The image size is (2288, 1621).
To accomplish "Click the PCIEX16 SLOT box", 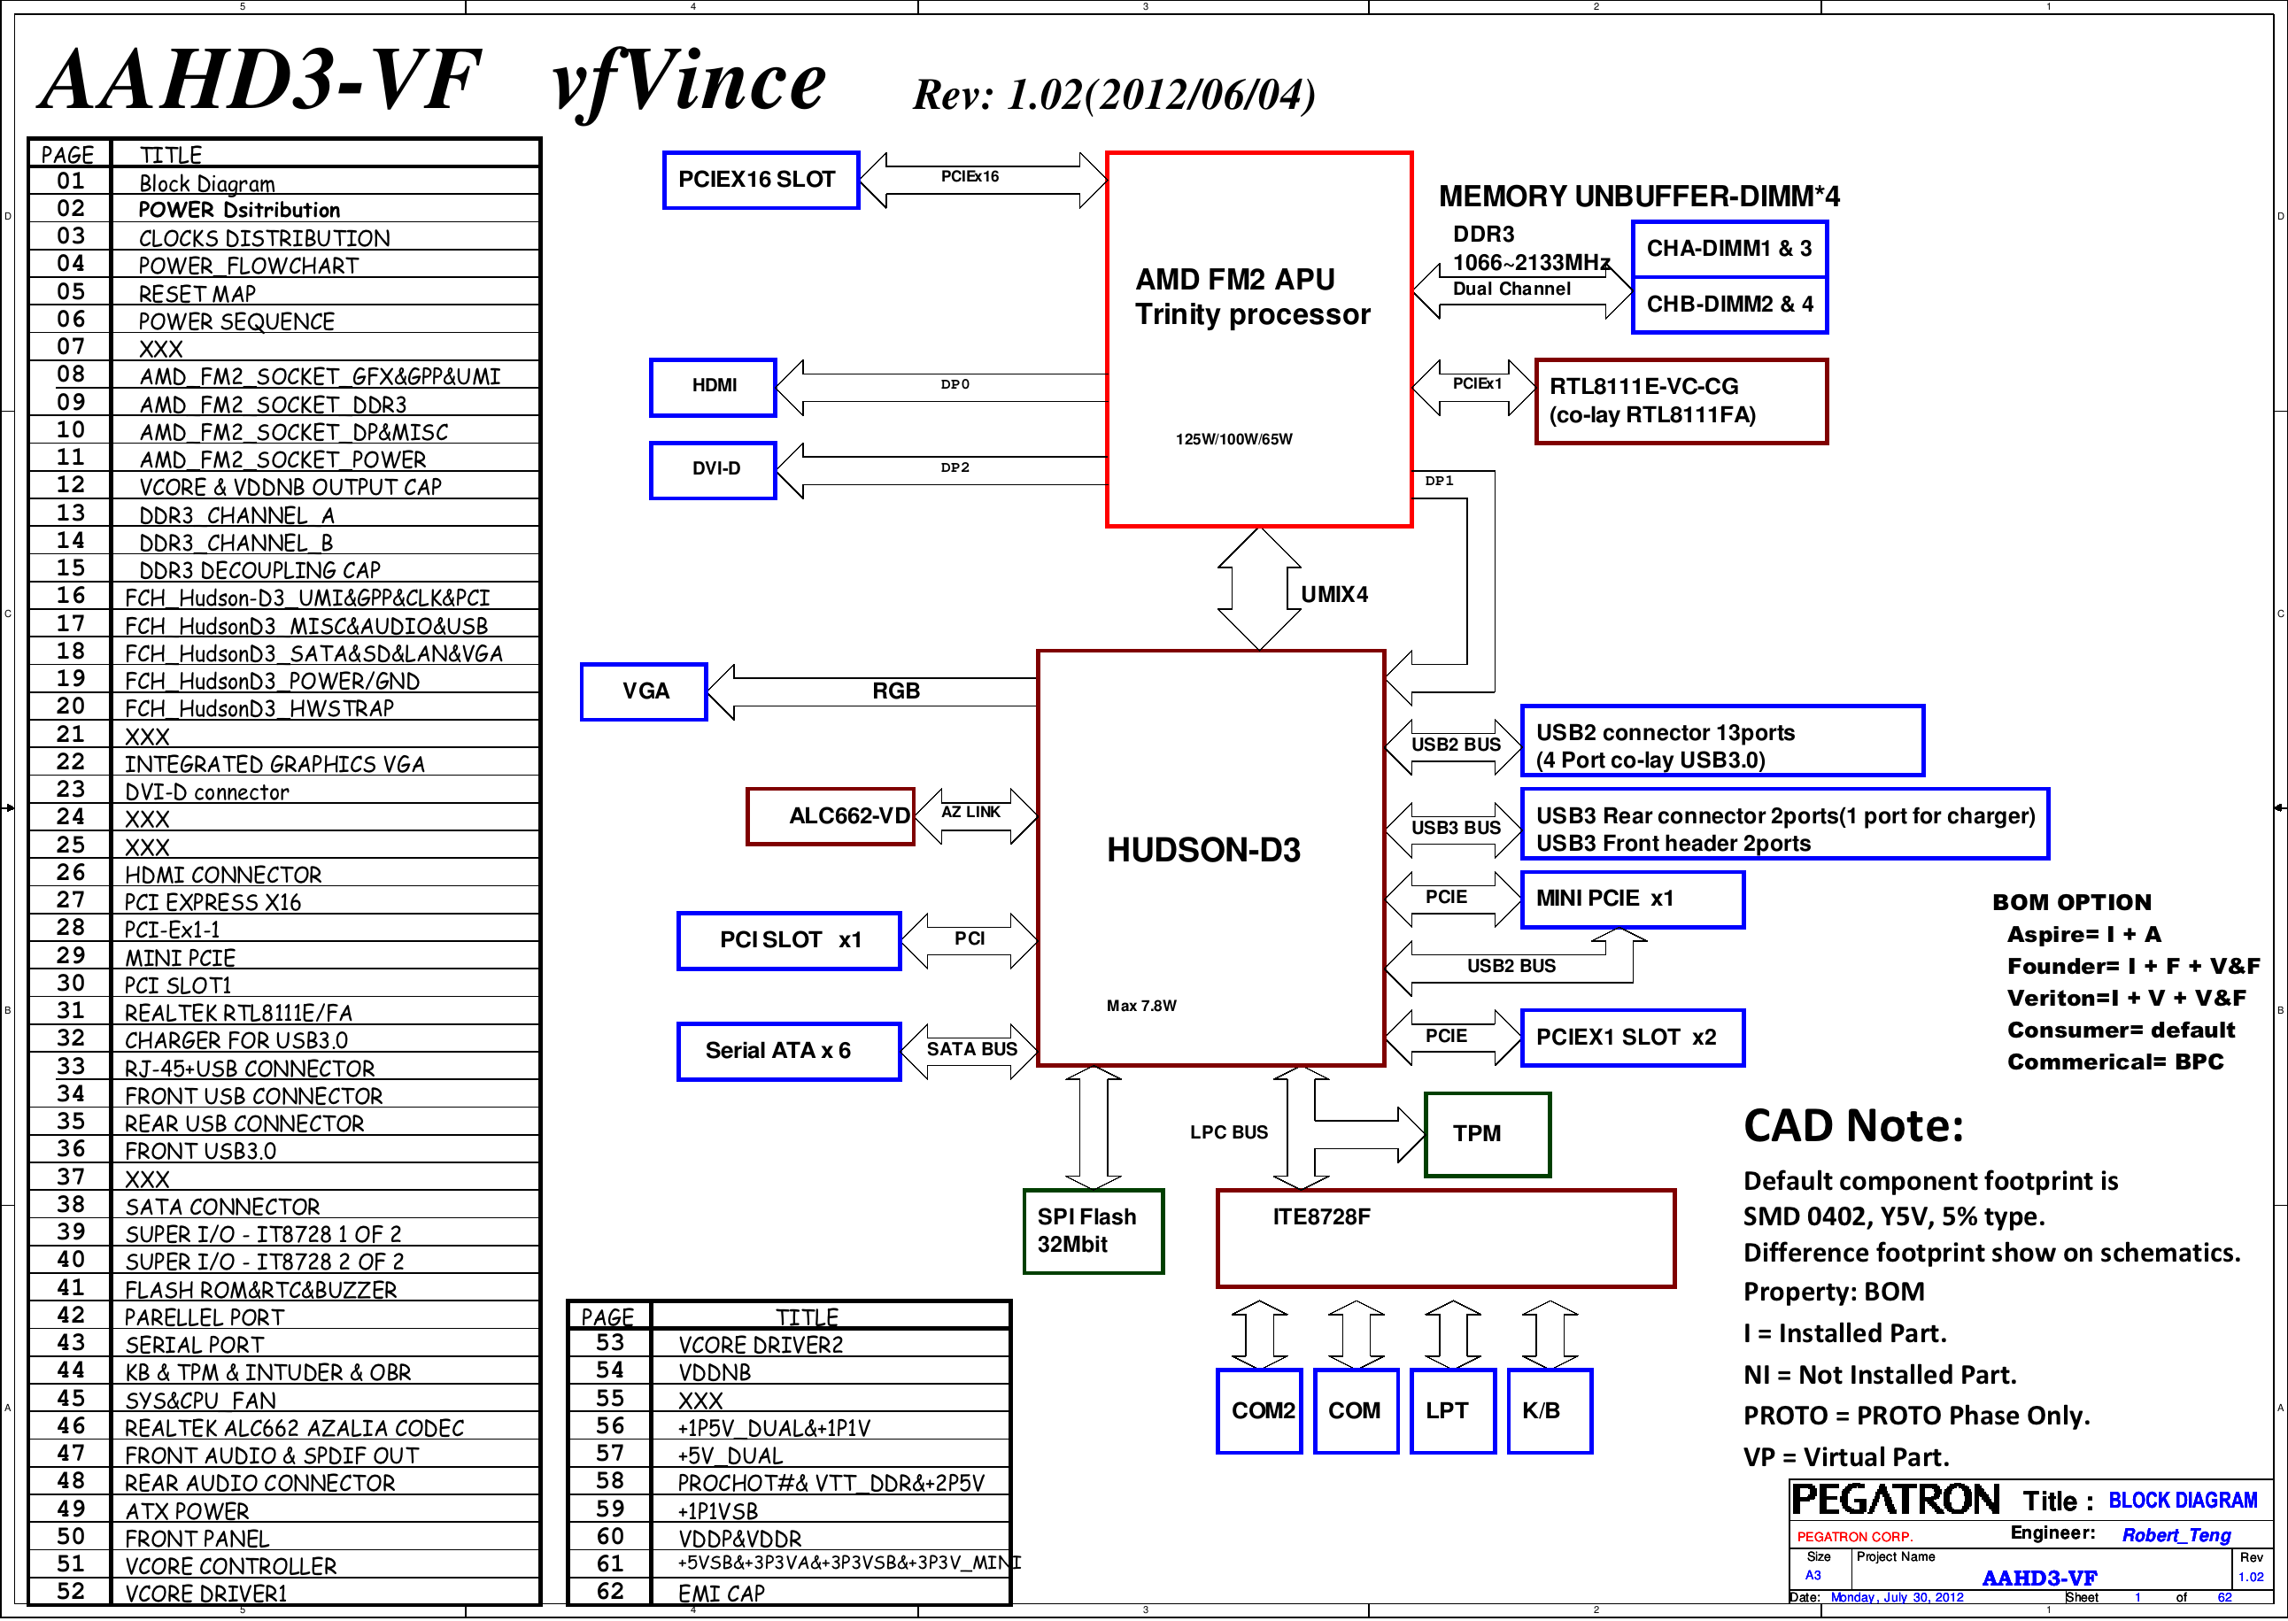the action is pos(761,180).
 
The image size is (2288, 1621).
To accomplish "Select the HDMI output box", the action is pos(713,386).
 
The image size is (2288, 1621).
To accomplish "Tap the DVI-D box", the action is pos(713,469).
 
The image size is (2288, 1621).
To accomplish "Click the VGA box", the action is pos(644,691).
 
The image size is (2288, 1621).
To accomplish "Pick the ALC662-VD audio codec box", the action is pos(831,815).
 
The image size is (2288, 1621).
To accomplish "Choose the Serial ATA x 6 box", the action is pos(789,1051).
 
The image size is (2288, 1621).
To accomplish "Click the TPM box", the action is pos(1488,1134).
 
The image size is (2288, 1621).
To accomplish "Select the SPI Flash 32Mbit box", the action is pos(1094,1231).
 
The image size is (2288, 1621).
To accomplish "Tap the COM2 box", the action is pos(1260,1410).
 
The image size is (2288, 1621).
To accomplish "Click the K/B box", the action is pos(1550,1410).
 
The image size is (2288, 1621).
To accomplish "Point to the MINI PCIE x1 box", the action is pos(1632,899).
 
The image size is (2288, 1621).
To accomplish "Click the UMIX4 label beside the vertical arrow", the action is pos(1333,595).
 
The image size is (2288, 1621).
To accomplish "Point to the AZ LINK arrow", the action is pos(974,815).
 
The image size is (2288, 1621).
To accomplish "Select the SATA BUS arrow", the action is pos(970,1051).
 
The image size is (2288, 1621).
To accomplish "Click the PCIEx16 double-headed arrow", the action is pos(983,180).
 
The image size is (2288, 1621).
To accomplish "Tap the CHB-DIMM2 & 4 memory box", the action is pos(1730,305).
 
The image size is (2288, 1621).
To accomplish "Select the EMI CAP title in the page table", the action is pos(721,1593).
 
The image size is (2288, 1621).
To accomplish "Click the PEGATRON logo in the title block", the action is pos(1895,1499).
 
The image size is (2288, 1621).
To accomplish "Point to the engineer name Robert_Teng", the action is pos(2176,1535).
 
